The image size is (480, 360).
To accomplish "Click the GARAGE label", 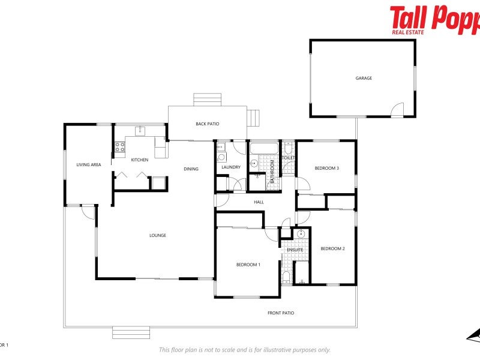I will tap(364, 78).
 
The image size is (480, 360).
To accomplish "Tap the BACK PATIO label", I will tap(208, 124).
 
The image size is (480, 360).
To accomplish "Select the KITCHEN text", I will tap(140, 160).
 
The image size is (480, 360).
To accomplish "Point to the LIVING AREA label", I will tap(88, 164).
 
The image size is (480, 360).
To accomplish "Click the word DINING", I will tap(191, 169).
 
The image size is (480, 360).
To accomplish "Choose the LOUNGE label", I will tap(158, 235).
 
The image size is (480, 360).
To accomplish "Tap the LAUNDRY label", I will tap(231, 167).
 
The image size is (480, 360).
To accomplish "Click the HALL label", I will tap(259, 202).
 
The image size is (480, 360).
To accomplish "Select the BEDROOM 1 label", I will tap(248, 265).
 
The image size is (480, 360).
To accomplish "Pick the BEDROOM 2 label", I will tap(332, 248).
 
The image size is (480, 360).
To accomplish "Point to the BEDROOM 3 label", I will tap(327, 168).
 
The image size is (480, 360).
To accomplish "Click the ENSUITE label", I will tap(295, 250).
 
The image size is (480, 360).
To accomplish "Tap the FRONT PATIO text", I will tap(281, 313).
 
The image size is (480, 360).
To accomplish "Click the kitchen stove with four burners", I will tap(120, 146).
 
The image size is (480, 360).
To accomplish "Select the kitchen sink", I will tap(140, 131).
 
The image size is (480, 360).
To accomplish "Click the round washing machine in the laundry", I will tap(221, 158).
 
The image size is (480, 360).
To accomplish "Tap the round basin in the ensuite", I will tap(301, 234).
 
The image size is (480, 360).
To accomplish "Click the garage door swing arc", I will tap(398, 110).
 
